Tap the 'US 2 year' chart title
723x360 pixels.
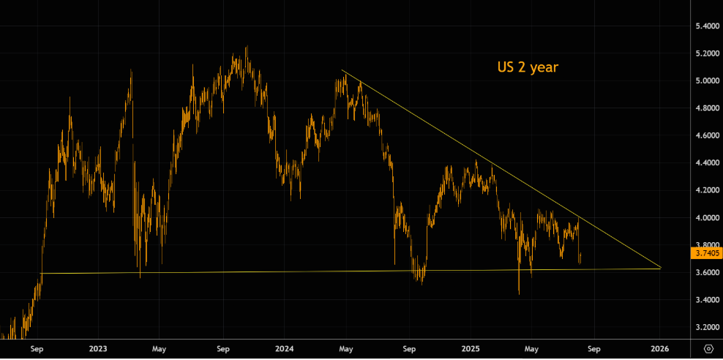(528, 67)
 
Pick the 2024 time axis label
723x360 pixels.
(285, 348)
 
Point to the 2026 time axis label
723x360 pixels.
(660, 348)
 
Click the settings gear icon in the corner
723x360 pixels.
(708, 348)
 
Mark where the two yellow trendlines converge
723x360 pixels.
(661, 268)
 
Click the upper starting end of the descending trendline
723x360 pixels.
(342, 71)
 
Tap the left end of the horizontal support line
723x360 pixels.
(42, 274)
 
